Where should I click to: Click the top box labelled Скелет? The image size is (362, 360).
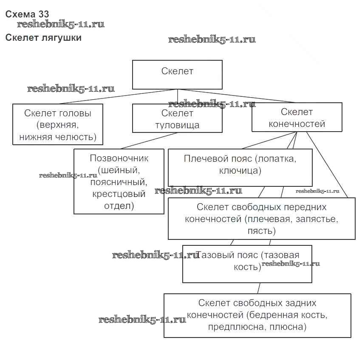click(177, 74)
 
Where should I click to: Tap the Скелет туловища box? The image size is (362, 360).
click(177, 119)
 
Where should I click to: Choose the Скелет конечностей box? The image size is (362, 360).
click(297, 117)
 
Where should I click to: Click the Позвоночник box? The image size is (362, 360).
click(119, 181)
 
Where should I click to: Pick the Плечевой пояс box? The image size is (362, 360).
click(240, 167)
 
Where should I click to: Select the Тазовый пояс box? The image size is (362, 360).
click(247, 264)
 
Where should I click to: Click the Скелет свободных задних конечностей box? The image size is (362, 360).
click(257, 315)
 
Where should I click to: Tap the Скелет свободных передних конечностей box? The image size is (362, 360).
click(261, 219)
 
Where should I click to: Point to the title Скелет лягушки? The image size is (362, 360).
click(43, 38)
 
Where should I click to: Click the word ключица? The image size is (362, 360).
click(240, 171)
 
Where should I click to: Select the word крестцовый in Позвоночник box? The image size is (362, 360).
click(119, 194)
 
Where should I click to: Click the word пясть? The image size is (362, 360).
click(261, 231)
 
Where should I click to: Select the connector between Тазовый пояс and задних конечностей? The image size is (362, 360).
click(257, 288)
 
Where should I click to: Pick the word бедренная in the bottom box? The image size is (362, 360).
click(274, 315)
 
